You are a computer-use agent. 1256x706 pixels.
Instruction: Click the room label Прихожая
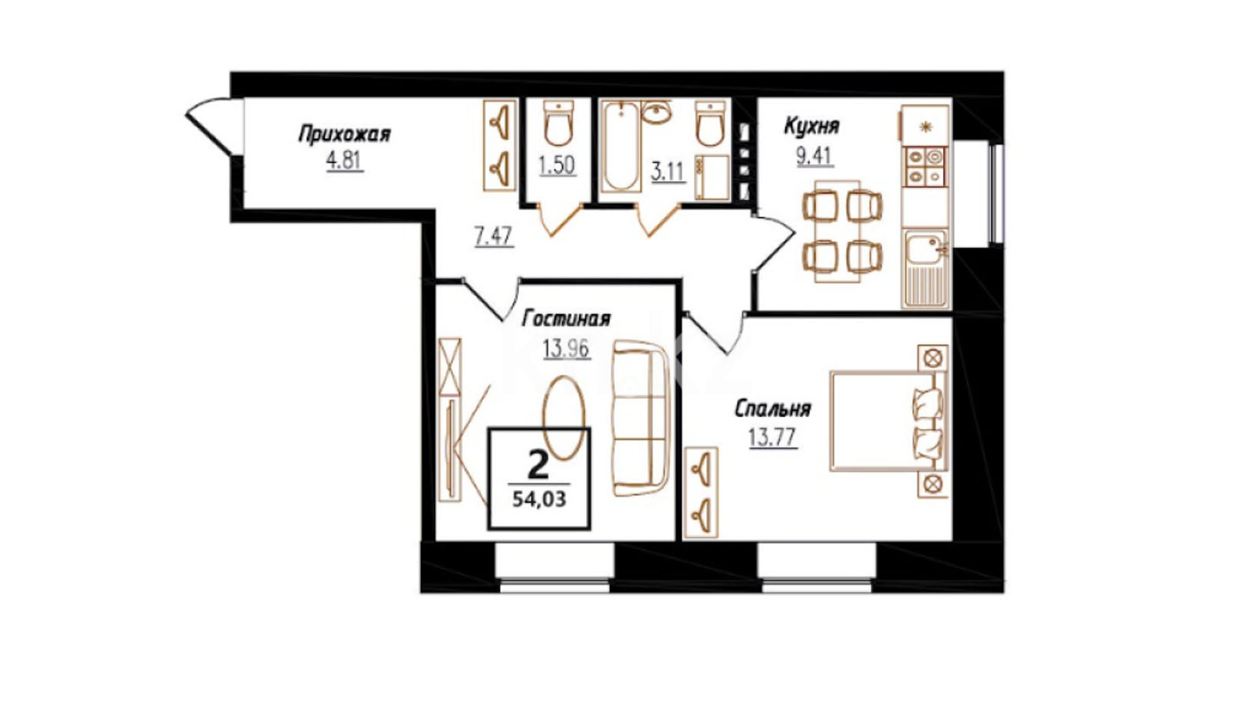(x=344, y=135)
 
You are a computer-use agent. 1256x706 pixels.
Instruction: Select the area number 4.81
(x=344, y=162)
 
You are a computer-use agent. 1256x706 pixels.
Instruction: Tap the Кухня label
(x=811, y=126)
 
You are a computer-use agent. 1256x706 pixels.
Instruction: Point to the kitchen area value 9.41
(x=814, y=156)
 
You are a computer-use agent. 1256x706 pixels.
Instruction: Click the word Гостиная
(x=566, y=319)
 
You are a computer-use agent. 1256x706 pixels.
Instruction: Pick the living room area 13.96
(x=566, y=349)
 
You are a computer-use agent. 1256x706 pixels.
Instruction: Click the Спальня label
(x=773, y=409)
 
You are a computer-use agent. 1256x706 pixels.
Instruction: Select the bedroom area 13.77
(x=773, y=437)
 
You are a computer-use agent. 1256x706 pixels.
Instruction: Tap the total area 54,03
(x=539, y=498)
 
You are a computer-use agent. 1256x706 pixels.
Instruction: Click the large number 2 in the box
(x=538, y=465)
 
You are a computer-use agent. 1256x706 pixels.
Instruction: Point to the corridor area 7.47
(x=494, y=236)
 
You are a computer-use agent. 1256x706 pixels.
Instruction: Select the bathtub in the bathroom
(x=620, y=146)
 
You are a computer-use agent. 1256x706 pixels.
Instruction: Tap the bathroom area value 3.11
(x=668, y=172)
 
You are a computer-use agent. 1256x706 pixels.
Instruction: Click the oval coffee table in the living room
(x=563, y=417)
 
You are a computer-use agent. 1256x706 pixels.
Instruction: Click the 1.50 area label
(x=557, y=166)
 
